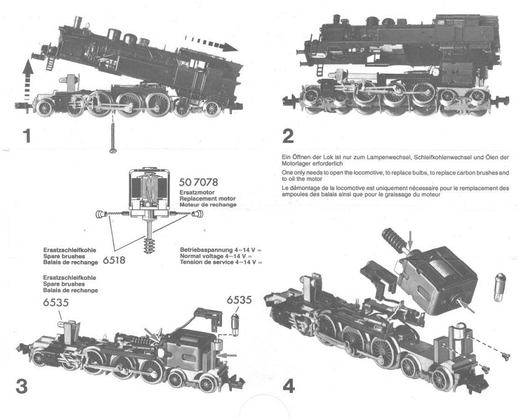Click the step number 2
pyautogui.click(x=287, y=136)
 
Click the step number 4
pyautogui.click(x=288, y=386)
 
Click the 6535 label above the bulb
pyautogui.click(x=240, y=300)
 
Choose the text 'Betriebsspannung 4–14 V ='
pyautogui.click(x=221, y=249)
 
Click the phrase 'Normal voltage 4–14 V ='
pyautogui.click(x=215, y=256)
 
